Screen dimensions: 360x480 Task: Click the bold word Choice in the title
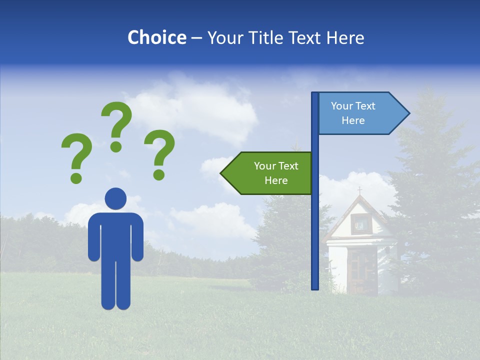(156, 37)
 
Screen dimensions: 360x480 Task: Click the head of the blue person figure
(115, 198)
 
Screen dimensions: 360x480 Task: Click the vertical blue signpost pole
(315, 225)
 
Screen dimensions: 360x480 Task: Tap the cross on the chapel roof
(359, 190)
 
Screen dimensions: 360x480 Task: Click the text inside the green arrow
(276, 173)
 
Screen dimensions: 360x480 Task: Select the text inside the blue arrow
(353, 113)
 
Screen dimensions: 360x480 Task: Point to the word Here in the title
(345, 37)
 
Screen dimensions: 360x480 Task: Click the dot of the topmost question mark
(116, 146)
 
